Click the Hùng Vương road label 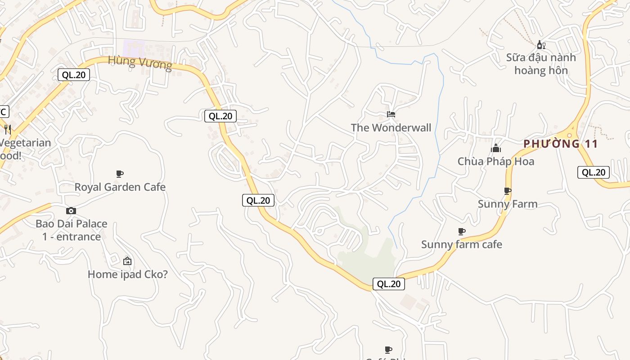coord(140,63)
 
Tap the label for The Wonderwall coord(391,128)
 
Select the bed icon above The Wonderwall coord(391,115)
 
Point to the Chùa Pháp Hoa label coord(496,161)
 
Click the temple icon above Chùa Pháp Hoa coord(496,148)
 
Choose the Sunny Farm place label coord(508,204)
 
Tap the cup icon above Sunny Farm coord(508,191)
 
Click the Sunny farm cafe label coord(461,244)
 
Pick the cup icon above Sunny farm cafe coord(461,232)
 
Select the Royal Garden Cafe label coord(120,187)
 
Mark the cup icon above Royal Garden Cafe coord(120,174)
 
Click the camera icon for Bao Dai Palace coord(71,211)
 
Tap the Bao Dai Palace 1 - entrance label coord(72,230)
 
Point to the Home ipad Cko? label coord(127,274)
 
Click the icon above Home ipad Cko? coord(127,261)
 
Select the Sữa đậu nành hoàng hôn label coord(541,64)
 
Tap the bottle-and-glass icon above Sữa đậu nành coord(541,45)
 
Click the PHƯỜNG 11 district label coord(561,144)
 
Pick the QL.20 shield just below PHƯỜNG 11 coord(593,172)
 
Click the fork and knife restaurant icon coord(8,130)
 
